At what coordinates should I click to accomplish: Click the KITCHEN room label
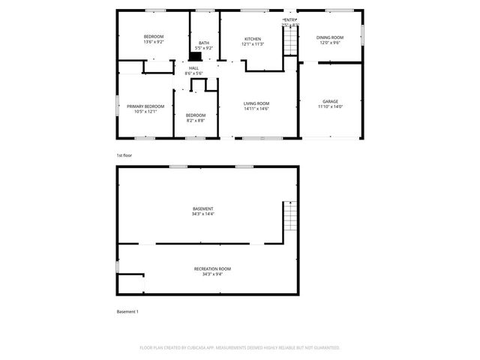click(x=253, y=39)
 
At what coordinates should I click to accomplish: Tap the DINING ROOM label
click(x=329, y=37)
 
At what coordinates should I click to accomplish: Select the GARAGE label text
click(x=330, y=101)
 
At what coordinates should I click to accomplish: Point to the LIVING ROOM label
click(x=256, y=103)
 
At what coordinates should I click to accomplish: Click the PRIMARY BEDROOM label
click(x=145, y=106)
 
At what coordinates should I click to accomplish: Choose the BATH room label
click(x=204, y=43)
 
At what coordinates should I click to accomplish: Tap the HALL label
click(x=193, y=67)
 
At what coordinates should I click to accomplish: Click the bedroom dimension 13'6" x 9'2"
click(x=154, y=42)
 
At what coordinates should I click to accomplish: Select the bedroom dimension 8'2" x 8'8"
click(x=195, y=120)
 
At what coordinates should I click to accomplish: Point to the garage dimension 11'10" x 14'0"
click(x=330, y=106)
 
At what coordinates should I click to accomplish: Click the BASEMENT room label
click(x=202, y=208)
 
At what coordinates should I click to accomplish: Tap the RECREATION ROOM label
click(x=212, y=268)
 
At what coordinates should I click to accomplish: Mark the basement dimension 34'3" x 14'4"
click(x=202, y=214)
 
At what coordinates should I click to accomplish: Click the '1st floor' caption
click(x=124, y=155)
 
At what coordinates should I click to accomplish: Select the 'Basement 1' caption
click(x=127, y=311)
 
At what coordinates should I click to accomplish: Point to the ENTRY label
click(x=290, y=19)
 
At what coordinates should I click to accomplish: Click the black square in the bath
click(x=195, y=55)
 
